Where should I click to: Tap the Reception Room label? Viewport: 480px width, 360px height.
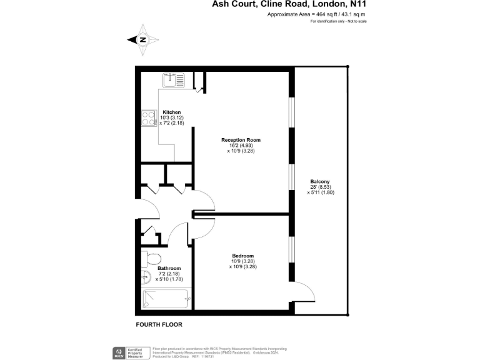tap(241, 140)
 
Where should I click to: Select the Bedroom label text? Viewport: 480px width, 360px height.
tap(242, 256)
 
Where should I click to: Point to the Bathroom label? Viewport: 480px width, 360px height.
tap(169, 269)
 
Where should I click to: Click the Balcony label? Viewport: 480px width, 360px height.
tap(319, 182)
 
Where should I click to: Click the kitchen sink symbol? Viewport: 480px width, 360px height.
tap(174, 80)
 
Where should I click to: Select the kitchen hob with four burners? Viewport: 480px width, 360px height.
tap(149, 118)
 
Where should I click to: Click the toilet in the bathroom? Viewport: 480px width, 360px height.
tap(152, 259)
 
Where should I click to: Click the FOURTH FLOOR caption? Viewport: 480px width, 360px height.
tap(159, 325)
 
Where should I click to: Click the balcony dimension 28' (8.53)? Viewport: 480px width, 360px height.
tap(320, 187)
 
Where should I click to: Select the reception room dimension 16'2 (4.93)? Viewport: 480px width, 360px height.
tap(241, 146)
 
